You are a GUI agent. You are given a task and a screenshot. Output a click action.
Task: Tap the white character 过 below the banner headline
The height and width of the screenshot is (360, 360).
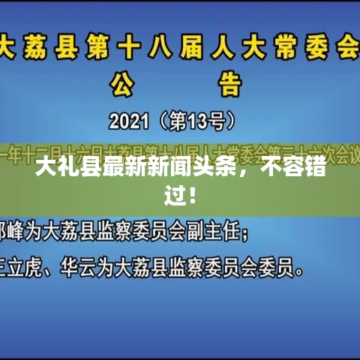(x=174, y=197)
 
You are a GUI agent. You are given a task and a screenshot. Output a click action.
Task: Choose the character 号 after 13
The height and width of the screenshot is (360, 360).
(x=220, y=120)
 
